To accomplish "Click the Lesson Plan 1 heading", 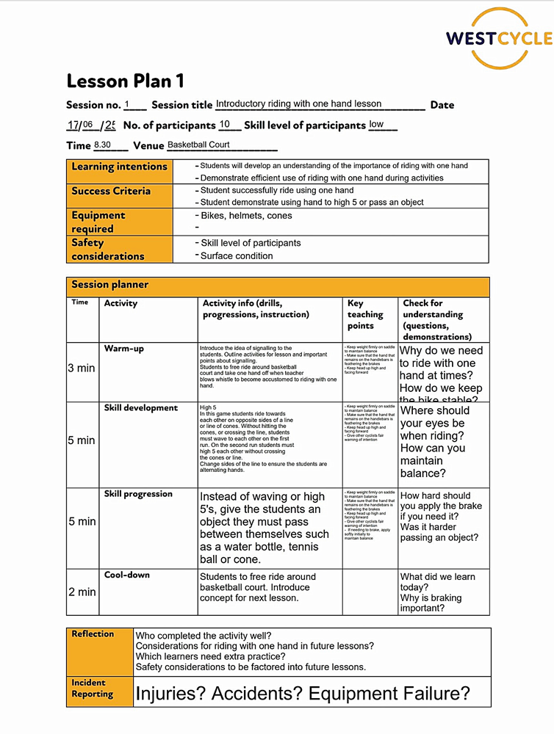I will click(x=125, y=81).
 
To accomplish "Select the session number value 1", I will click(x=127, y=104).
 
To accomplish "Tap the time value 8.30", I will click(x=102, y=145).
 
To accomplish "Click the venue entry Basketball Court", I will click(x=198, y=145).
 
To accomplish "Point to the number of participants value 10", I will click(x=225, y=125).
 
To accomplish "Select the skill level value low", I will click(x=376, y=125).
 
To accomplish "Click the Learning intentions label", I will click(x=119, y=167).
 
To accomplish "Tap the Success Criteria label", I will click(x=111, y=191).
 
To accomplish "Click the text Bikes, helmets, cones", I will click(x=246, y=216).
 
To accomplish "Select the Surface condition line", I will click(x=237, y=256).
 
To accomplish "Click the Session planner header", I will click(x=109, y=285).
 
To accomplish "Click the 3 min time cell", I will click(x=82, y=368).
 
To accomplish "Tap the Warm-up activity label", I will click(x=123, y=349).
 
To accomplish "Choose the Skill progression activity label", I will click(x=138, y=494).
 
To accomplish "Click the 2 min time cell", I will click(x=82, y=592).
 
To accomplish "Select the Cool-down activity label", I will click(x=126, y=575).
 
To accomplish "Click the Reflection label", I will click(x=93, y=634).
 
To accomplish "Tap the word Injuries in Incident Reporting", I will click(x=170, y=693).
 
